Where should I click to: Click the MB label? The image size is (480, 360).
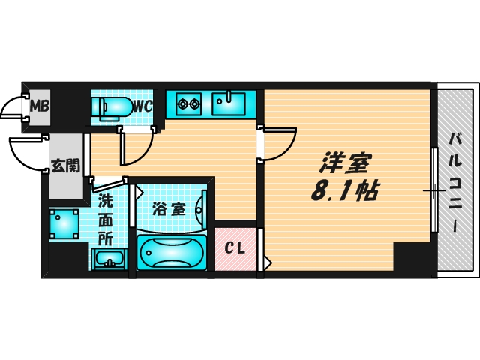click(39, 106)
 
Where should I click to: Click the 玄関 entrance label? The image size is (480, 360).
click(64, 165)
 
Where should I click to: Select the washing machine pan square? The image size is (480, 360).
click(64, 223)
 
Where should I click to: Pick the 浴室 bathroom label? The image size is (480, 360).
click(168, 209)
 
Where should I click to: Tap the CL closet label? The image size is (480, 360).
click(235, 248)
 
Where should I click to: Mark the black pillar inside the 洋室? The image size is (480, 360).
click(413, 259)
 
